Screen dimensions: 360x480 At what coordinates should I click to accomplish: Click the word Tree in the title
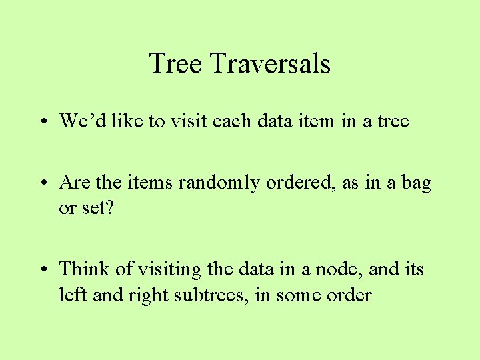pos(175,64)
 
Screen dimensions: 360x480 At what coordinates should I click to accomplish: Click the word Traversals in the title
pos(270,64)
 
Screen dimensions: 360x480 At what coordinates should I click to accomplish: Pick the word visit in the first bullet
pos(193,121)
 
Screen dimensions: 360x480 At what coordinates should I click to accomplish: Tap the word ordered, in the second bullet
pos(301,182)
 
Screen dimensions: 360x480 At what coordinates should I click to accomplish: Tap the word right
pos(143,295)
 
